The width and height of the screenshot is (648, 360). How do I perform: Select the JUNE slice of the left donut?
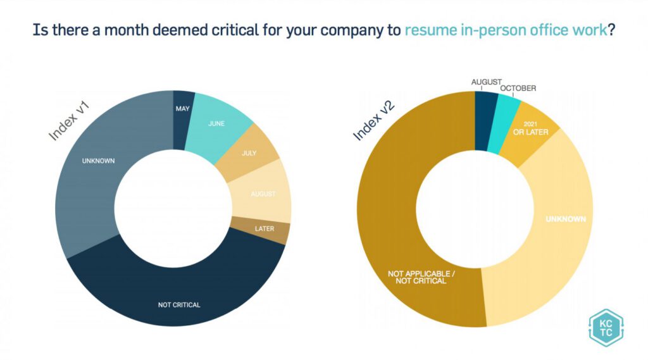pos(216,124)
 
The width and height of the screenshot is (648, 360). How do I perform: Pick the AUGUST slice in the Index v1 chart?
pos(263,194)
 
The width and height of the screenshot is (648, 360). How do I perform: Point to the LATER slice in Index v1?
pos(264,228)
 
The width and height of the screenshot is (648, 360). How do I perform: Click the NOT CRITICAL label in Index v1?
pos(179,305)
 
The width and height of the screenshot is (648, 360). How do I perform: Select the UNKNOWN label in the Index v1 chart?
pos(98,161)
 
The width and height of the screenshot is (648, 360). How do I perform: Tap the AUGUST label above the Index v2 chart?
pos(486,82)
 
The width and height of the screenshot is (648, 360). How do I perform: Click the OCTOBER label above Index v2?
pos(518,89)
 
